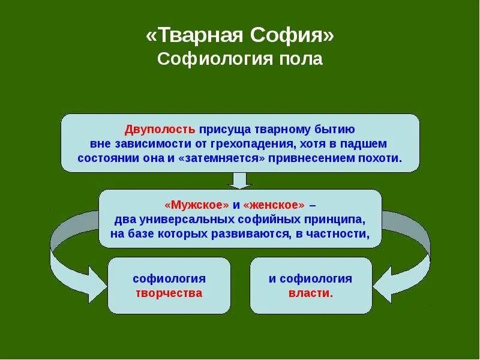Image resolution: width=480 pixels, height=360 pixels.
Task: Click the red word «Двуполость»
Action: coord(160,130)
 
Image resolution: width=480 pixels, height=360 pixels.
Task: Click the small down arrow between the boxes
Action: coord(240,180)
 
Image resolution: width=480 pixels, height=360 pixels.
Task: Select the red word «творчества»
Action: coord(169,293)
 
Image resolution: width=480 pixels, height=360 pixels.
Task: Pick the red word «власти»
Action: coord(310,293)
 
